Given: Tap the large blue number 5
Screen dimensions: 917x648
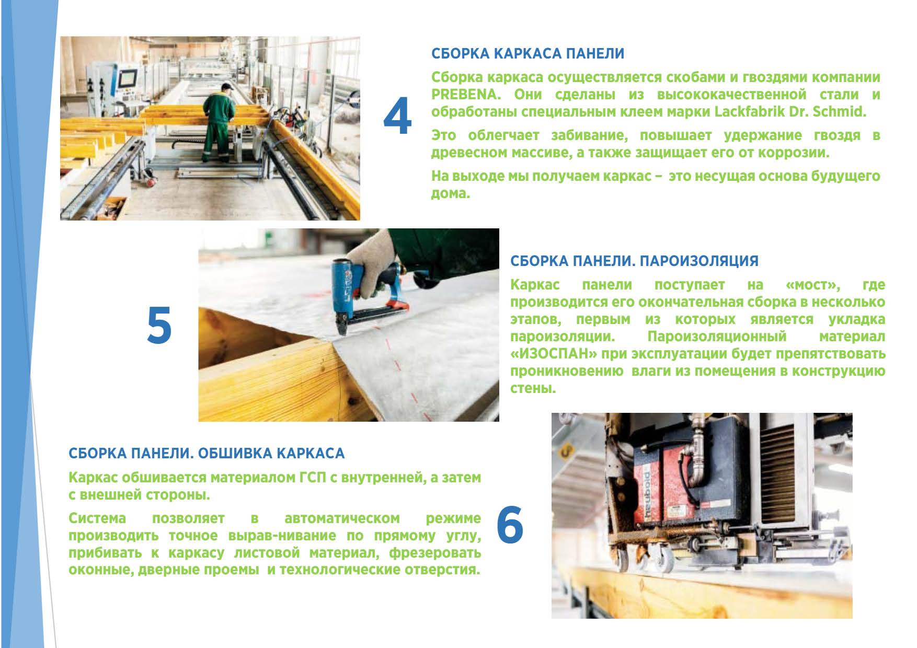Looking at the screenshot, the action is (x=159, y=325).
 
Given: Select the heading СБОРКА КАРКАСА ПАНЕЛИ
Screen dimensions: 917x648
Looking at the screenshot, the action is (x=528, y=53).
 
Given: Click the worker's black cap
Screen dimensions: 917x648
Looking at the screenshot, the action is (x=226, y=86).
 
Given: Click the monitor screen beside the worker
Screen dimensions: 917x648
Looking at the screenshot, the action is (x=127, y=79).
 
